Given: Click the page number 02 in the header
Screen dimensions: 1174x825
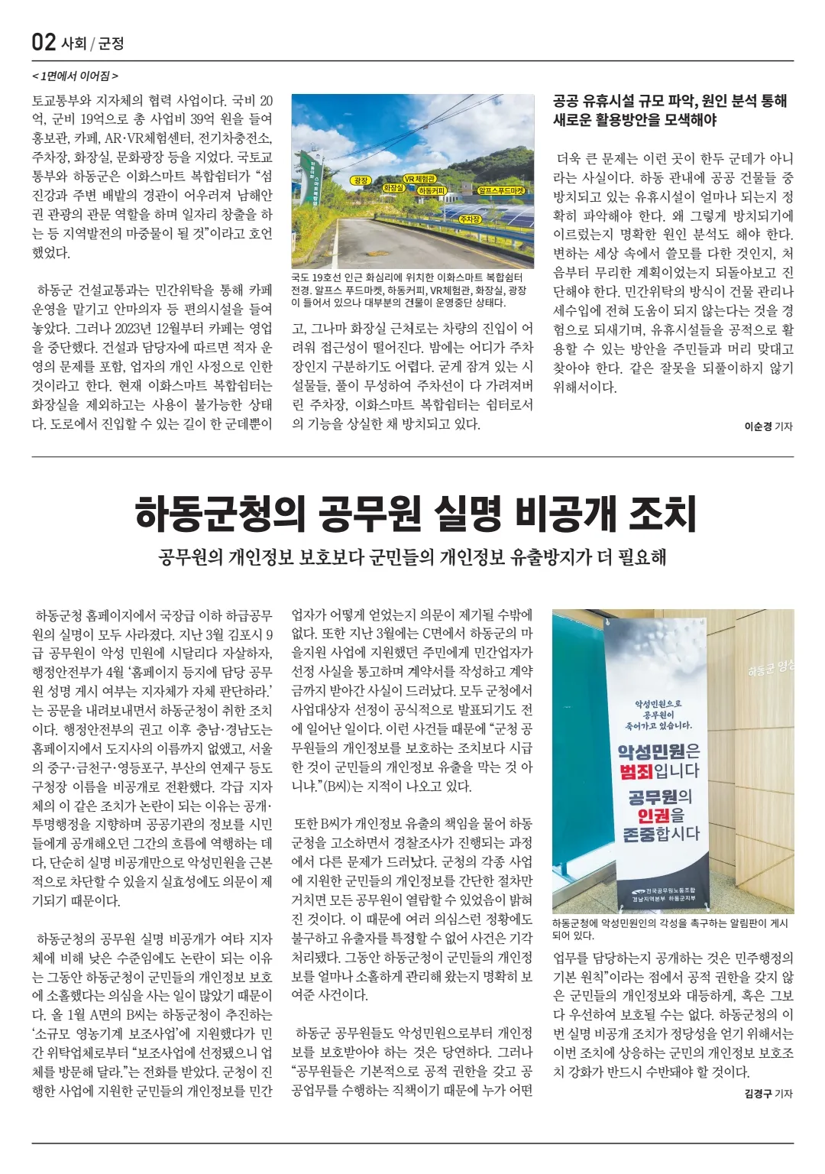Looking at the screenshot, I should [x=44, y=42].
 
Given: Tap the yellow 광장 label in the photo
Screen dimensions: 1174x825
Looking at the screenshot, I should [x=360, y=180].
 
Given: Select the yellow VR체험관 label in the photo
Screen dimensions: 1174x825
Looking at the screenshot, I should [x=420, y=179].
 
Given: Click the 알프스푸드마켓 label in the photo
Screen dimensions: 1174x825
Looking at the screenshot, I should [x=501, y=190].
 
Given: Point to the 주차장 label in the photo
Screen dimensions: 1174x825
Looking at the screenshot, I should [x=470, y=219].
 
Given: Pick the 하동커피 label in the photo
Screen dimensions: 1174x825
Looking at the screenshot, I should [x=432, y=190].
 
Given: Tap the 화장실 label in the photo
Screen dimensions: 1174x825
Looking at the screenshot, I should [x=393, y=187].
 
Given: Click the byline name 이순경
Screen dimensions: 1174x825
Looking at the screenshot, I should [x=757, y=426].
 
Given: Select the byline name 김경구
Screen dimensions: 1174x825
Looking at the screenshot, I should [x=757, y=1094].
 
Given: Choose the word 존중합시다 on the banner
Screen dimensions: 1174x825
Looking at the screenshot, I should [x=661, y=834].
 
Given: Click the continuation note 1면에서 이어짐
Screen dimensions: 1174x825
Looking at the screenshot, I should [x=75, y=76].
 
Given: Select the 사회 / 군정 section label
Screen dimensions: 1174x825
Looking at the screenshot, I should [x=92, y=44].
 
